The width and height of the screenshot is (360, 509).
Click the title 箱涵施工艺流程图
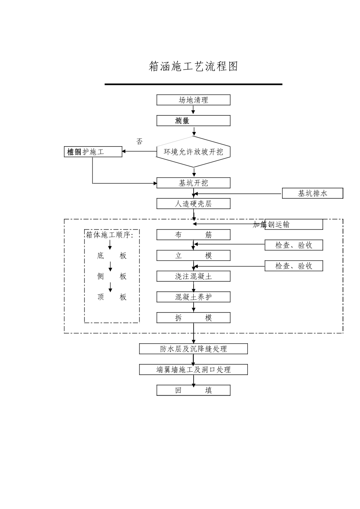click(x=193, y=67)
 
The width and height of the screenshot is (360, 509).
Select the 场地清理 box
click(x=193, y=100)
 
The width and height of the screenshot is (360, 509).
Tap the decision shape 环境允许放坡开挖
click(x=193, y=152)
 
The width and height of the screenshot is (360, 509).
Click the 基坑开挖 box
click(x=193, y=183)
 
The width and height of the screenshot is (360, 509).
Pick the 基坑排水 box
click(x=312, y=193)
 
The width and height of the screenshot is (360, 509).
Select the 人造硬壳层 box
click(x=193, y=204)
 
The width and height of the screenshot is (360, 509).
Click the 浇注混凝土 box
click(x=193, y=276)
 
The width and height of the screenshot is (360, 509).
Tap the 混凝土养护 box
click(x=193, y=297)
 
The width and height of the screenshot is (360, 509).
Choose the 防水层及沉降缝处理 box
click(x=193, y=349)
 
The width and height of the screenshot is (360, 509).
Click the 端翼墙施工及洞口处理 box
click(x=193, y=369)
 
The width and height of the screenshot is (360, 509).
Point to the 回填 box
click(x=193, y=390)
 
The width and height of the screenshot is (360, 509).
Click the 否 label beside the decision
click(x=139, y=141)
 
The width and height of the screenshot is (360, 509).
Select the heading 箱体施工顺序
click(x=110, y=235)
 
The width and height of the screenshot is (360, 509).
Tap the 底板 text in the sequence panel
click(x=111, y=256)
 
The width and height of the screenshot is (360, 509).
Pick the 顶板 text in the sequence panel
click(x=111, y=297)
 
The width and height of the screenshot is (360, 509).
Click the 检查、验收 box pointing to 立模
click(x=294, y=245)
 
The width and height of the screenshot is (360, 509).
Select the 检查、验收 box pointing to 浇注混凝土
click(x=294, y=266)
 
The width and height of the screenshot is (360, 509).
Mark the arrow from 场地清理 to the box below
click(x=193, y=110)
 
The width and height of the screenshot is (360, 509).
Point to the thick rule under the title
click(x=193, y=84)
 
